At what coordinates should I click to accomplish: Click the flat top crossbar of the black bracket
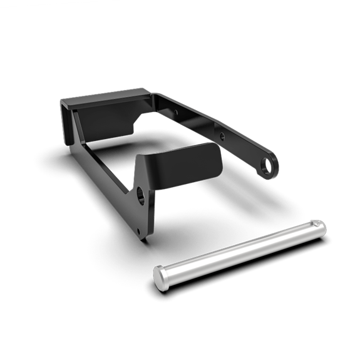(106, 100)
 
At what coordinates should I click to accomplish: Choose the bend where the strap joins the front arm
(145, 164)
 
